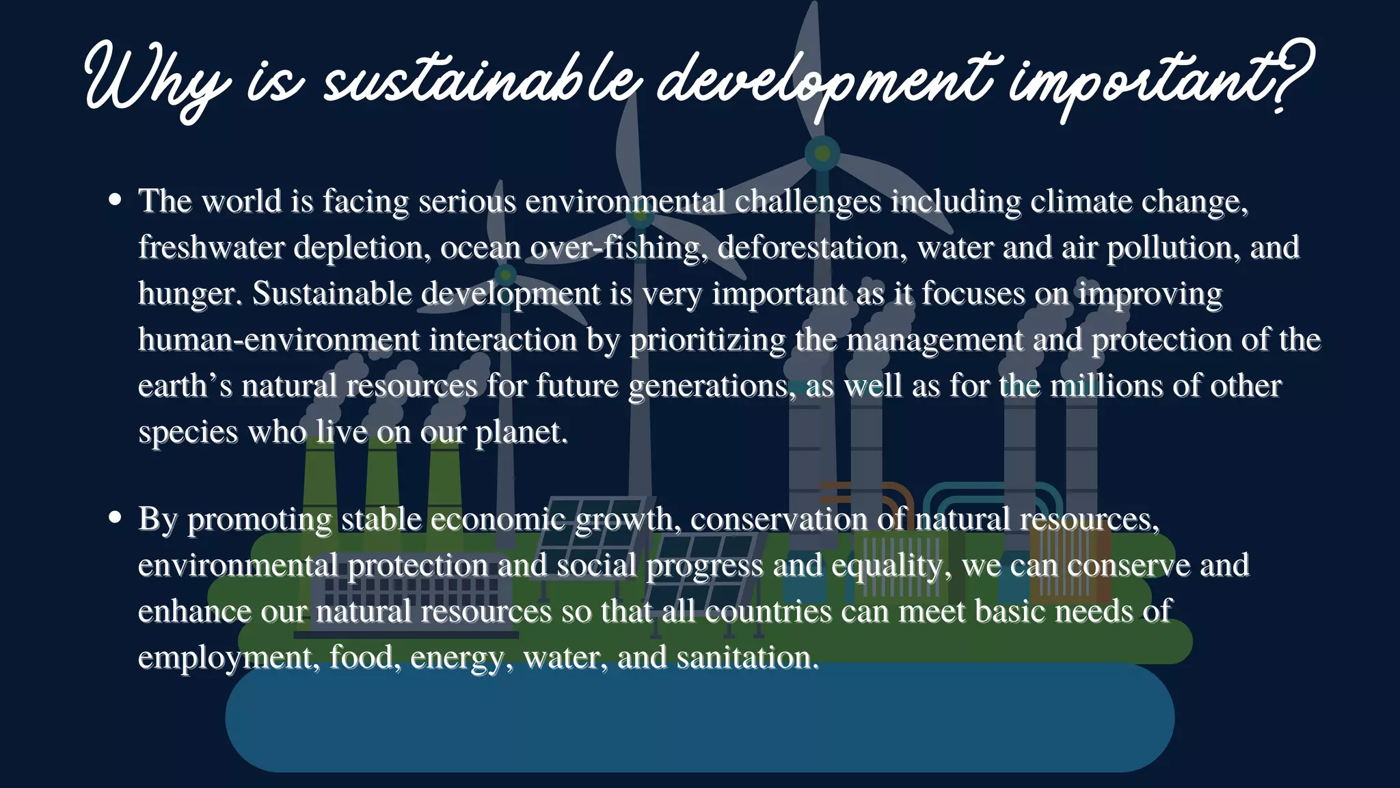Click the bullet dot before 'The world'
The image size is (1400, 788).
point(115,200)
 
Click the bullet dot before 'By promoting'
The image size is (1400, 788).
point(115,517)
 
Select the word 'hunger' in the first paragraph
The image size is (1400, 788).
point(187,294)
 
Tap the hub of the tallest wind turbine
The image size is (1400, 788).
point(822,153)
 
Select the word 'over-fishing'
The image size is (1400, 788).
point(615,247)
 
